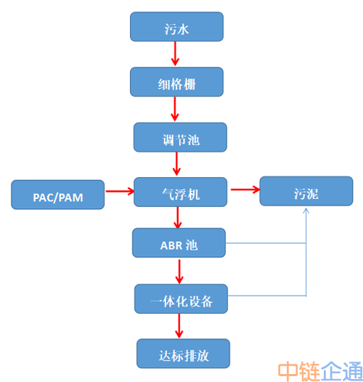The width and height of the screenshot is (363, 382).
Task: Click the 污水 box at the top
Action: (176, 27)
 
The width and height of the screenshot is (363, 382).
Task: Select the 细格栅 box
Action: (176, 82)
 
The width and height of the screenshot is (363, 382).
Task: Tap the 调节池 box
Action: (180, 137)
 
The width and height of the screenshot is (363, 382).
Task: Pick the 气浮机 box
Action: (181, 192)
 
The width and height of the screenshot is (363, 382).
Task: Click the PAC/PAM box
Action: (58, 195)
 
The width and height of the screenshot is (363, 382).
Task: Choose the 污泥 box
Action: (306, 191)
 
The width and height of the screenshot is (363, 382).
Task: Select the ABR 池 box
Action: (179, 243)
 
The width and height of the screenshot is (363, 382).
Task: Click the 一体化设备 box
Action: (181, 298)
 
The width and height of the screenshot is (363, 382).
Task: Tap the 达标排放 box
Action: (183, 354)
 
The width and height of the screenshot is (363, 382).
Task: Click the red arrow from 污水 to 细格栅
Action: (175, 54)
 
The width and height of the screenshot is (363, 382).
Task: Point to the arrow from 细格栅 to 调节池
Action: (175, 109)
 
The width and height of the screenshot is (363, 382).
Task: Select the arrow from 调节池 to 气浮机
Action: (176, 163)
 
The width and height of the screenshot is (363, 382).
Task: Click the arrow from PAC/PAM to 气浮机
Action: (120, 191)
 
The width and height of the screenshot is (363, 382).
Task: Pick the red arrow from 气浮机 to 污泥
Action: (245, 190)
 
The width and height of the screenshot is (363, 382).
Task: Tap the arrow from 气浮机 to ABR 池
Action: (178, 218)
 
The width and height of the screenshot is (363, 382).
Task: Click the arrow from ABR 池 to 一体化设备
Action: (179, 272)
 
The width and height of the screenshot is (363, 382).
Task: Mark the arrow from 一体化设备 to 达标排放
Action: (179, 326)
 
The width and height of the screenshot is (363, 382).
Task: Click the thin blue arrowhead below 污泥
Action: (306, 211)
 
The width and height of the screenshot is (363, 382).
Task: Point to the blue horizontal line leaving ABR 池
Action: (266, 243)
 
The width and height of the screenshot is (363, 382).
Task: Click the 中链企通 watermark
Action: (320, 372)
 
